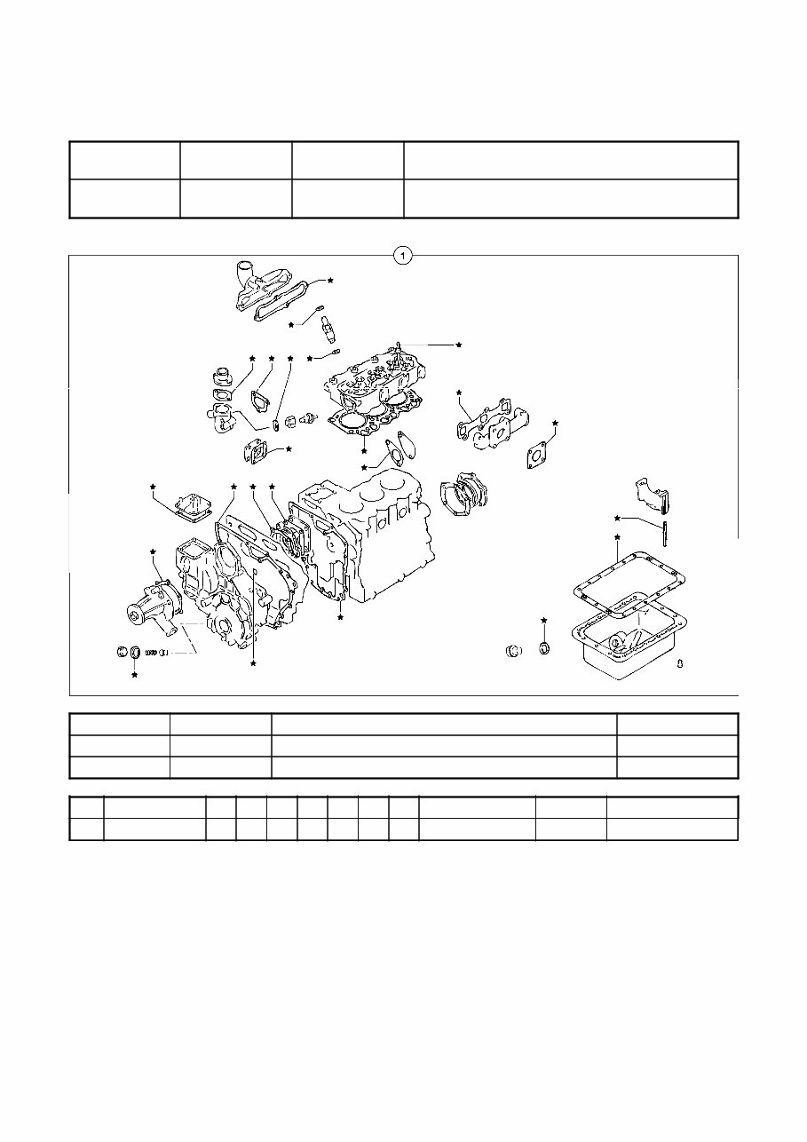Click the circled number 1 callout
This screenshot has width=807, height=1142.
pyautogui.click(x=403, y=256)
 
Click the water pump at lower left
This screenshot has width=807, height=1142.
pyautogui.click(x=153, y=604)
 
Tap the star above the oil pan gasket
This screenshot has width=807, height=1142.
pyautogui.click(x=617, y=538)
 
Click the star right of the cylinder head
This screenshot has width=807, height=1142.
pyautogui.click(x=459, y=344)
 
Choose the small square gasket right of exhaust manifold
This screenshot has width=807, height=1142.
pyautogui.click(x=537, y=454)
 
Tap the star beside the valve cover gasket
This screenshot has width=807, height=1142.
pyautogui.click(x=330, y=280)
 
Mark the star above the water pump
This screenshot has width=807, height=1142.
pyautogui.click(x=153, y=552)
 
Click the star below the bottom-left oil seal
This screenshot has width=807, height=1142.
pyautogui.click(x=135, y=676)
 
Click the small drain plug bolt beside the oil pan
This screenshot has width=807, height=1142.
pyautogui.click(x=677, y=662)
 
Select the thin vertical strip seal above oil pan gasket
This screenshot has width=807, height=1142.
pyautogui.click(x=663, y=534)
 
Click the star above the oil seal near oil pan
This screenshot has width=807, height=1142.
pyautogui.click(x=544, y=619)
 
